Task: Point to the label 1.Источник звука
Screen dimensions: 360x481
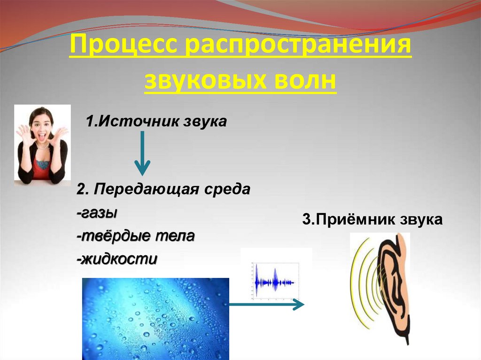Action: point(156,122)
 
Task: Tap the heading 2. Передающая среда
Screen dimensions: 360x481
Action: point(164,190)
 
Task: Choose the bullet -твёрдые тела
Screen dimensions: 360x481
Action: point(135,236)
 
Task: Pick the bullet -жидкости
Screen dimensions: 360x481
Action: point(116,259)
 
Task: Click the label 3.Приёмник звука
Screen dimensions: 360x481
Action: point(372,219)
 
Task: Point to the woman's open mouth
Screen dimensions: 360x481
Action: point(42,137)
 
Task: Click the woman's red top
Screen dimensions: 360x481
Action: point(42,169)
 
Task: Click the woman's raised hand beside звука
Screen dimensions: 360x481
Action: point(60,136)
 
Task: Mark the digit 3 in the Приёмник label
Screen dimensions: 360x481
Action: point(306,220)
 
